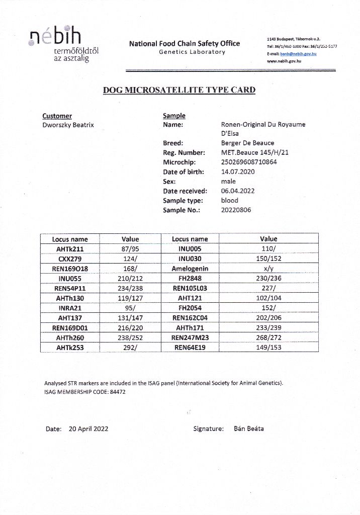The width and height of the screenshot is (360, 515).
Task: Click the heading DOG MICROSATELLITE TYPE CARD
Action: tap(179, 91)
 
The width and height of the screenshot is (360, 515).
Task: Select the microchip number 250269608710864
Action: tap(249, 162)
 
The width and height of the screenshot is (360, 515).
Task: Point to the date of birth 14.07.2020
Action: tap(238, 172)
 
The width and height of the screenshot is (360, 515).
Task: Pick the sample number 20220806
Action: tap(236, 210)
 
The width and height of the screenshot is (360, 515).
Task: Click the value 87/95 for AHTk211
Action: tap(130, 249)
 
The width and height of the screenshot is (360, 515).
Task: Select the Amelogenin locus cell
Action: tap(190, 269)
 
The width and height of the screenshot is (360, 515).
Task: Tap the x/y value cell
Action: tap(268, 269)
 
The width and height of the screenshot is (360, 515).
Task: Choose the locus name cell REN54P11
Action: tap(70, 288)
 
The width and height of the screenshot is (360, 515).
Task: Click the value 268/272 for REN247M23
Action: tap(268, 337)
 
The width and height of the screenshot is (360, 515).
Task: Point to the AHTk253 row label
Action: tap(70, 348)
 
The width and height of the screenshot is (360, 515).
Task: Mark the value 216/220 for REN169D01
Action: tap(130, 328)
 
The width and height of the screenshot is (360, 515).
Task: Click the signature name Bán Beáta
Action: tap(249, 429)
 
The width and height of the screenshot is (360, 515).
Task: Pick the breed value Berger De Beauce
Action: tap(247, 143)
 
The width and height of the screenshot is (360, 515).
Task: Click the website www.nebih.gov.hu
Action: tap(284, 61)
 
